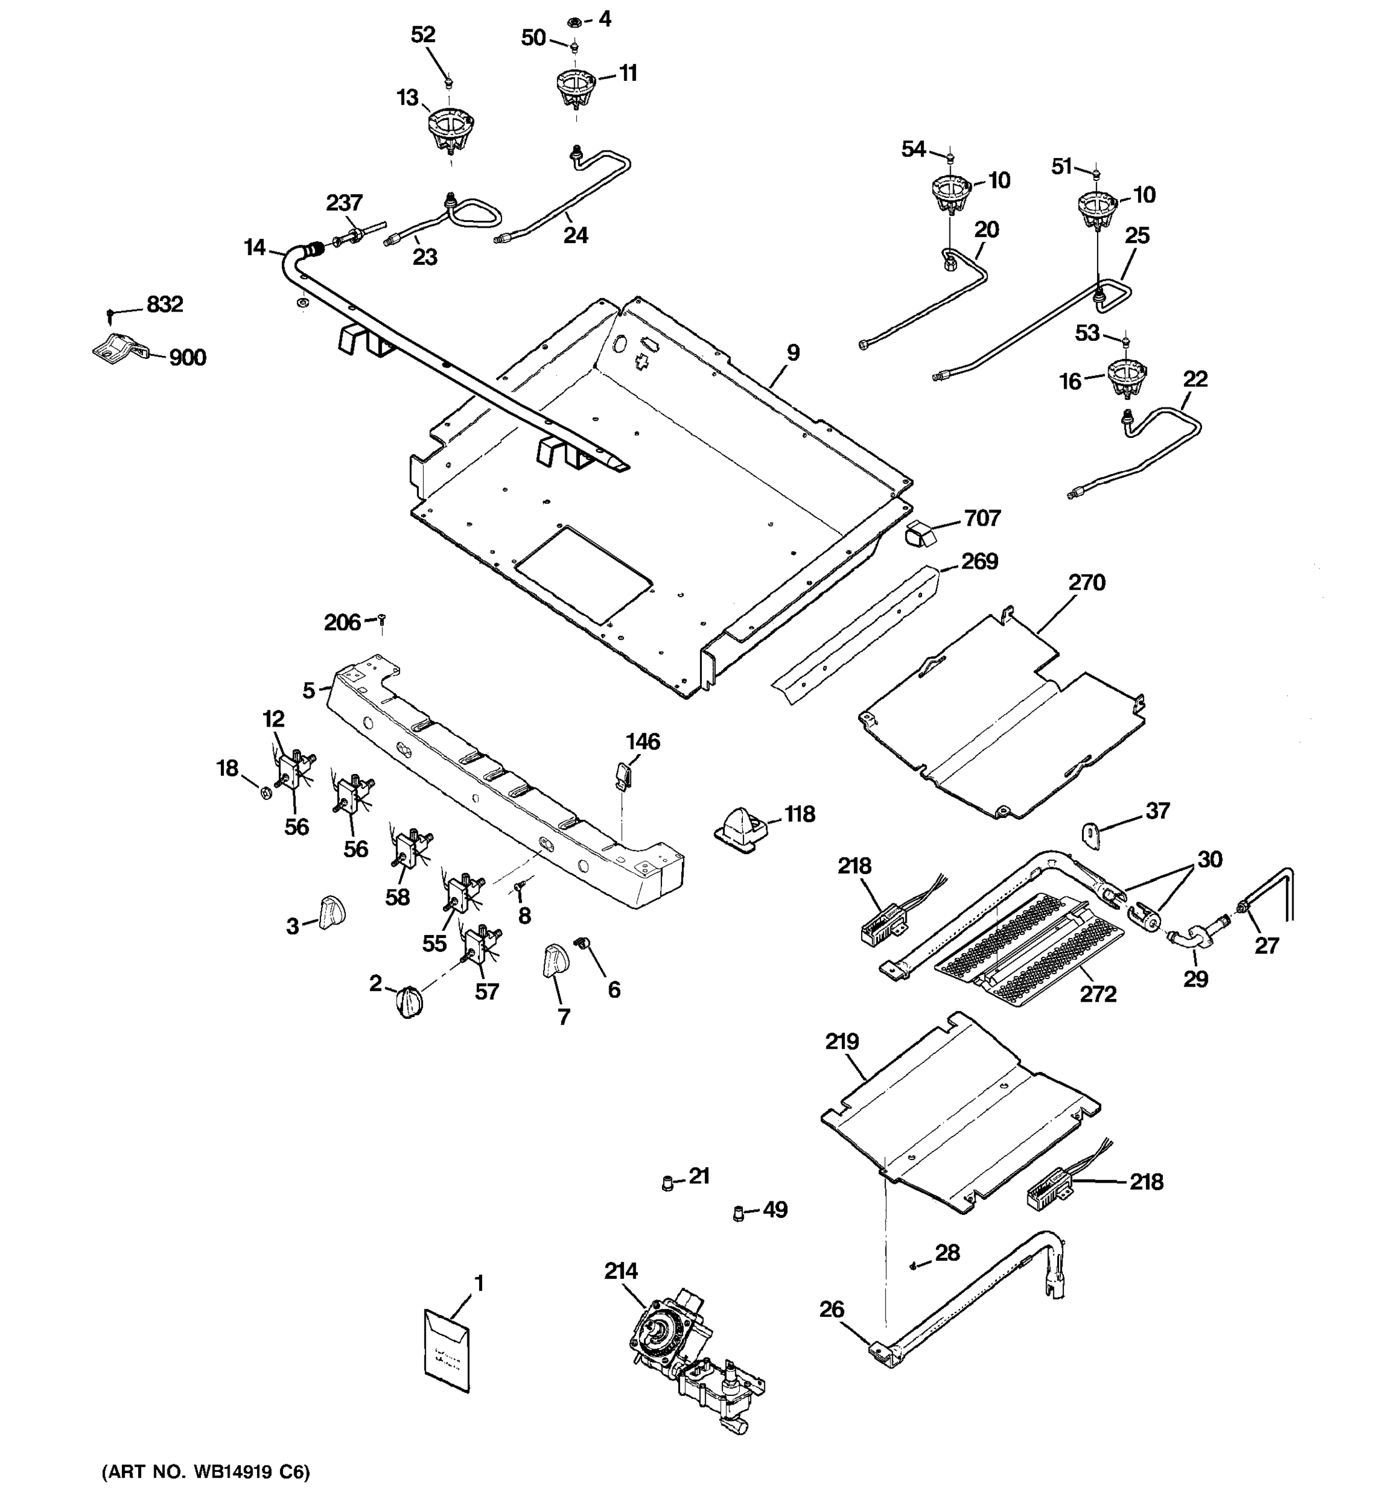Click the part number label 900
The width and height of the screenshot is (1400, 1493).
pyautogui.click(x=187, y=358)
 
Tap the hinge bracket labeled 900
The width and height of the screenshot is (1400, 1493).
pyautogui.click(x=119, y=348)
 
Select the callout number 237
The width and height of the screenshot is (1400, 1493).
pyautogui.click(x=344, y=203)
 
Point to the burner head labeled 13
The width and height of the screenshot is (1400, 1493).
pyautogui.click(x=450, y=128)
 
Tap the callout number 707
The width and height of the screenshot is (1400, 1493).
pyautogui.click(x=982, y=518)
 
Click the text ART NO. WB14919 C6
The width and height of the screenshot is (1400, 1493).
pyautogui.click(x=206, y=1472)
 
